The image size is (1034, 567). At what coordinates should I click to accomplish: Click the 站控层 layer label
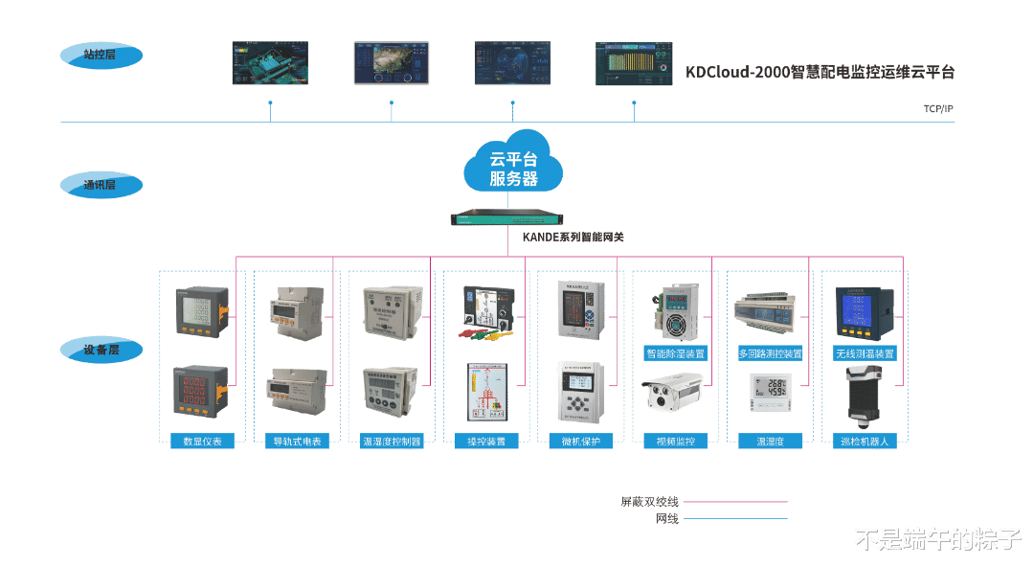101,56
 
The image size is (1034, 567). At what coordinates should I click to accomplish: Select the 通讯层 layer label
101,184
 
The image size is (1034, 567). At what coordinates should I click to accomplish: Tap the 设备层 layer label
101,351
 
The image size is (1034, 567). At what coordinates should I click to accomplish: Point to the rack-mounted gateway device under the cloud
513,218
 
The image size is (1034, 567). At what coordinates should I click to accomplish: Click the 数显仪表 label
202,442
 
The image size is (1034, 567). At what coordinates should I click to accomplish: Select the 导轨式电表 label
297,442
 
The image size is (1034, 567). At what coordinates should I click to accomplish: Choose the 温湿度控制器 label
391,442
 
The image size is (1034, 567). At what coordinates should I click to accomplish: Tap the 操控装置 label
485,442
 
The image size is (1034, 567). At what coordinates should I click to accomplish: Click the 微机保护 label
580,442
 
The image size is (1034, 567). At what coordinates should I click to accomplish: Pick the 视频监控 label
675,442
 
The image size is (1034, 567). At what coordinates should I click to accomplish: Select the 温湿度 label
770,442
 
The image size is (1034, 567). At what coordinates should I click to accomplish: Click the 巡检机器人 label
865,442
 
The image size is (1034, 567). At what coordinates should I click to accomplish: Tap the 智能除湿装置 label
675,353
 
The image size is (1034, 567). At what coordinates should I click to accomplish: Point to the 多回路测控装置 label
770,353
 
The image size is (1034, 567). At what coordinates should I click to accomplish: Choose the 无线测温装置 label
865,353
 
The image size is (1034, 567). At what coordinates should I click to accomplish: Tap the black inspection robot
865,397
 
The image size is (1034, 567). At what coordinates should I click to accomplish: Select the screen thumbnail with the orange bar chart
634,63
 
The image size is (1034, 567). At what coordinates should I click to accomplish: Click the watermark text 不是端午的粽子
937,539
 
